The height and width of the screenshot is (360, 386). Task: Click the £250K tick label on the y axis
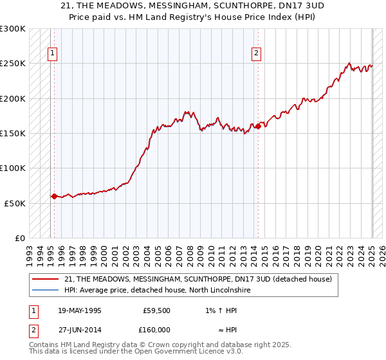(13, 64)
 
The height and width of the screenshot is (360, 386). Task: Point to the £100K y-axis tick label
(13, 168)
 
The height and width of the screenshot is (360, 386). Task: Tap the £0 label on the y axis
(20, 238)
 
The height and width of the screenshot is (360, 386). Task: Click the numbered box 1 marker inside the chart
(52, 53)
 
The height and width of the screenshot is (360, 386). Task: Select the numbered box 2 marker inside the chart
(257, 53)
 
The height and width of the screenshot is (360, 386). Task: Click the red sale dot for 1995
(54, 196)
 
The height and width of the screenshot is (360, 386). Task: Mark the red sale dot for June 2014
(258, 127)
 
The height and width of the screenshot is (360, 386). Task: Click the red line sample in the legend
(46, 280)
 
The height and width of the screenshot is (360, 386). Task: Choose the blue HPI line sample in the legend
(46, 291)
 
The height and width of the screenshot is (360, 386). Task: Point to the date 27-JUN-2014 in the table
(79, 329)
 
